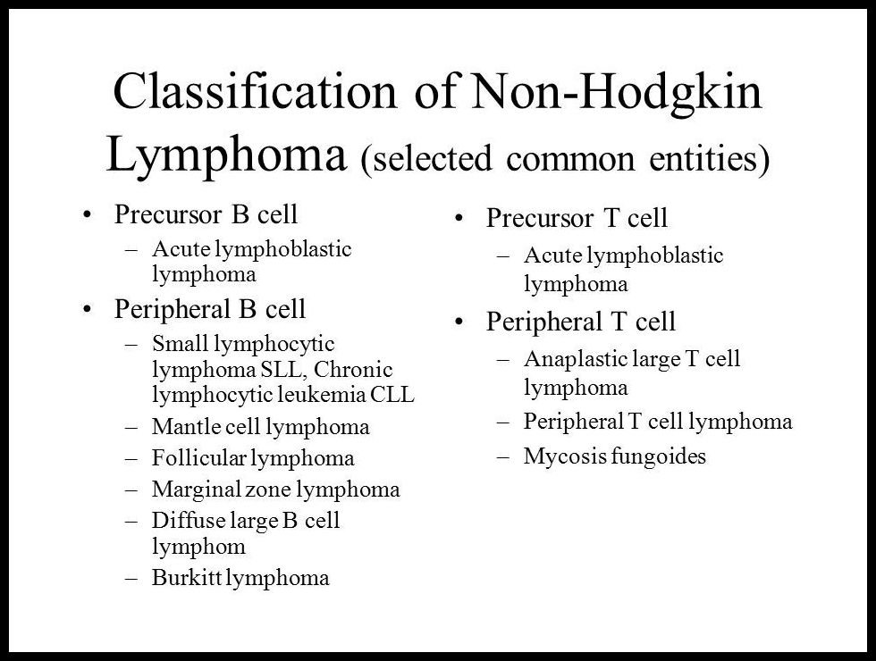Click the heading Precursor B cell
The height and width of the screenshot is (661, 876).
click(206, 215)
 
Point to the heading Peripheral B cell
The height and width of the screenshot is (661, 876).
click(210, 309)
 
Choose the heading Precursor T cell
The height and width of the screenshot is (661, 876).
click(577, 218)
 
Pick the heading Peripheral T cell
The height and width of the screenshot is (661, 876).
click(581, 321)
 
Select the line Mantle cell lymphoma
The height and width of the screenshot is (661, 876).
click(260, 427)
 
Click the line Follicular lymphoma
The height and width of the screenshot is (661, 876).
click(253, 458)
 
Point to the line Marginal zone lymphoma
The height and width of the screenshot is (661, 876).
click(275, 489)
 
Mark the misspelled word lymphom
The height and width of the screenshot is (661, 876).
click(198, 545)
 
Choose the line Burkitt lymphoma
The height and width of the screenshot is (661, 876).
click(240, 578)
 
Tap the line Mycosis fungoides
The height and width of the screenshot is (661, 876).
click(614, 456)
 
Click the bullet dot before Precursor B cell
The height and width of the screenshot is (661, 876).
click(87, 215)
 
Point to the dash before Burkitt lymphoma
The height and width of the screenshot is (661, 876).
click(133, 578)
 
